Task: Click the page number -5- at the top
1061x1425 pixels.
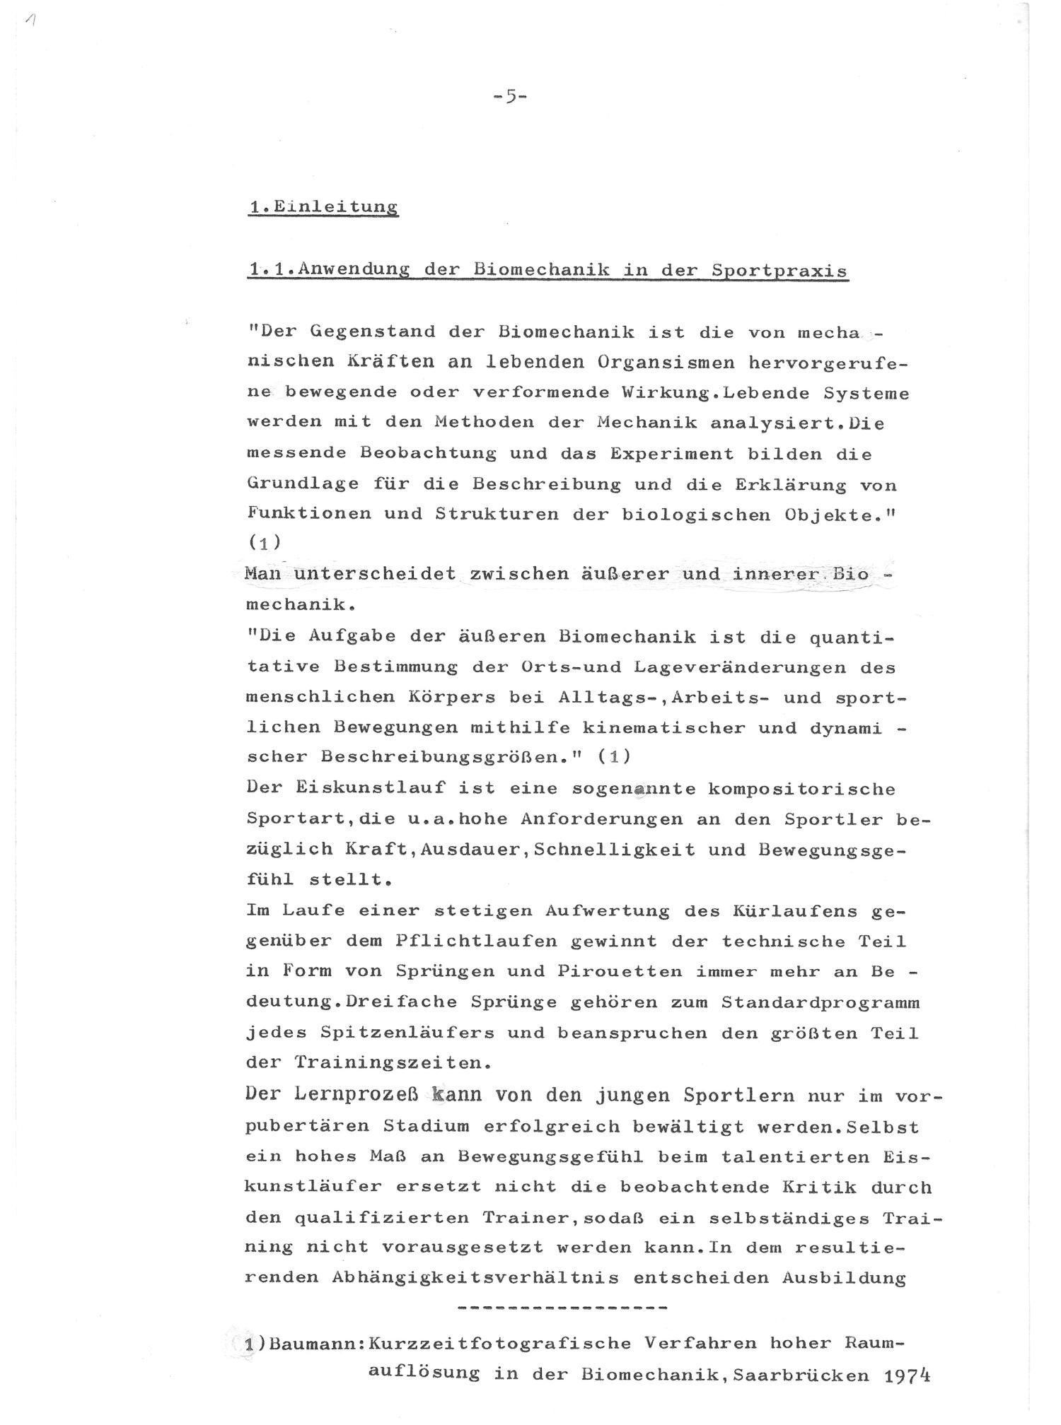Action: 509,97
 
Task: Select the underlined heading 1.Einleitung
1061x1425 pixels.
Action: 323,207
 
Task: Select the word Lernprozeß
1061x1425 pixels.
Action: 347,1095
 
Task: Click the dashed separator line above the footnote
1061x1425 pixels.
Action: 563,1308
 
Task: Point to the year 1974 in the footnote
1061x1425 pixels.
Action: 906,1375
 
